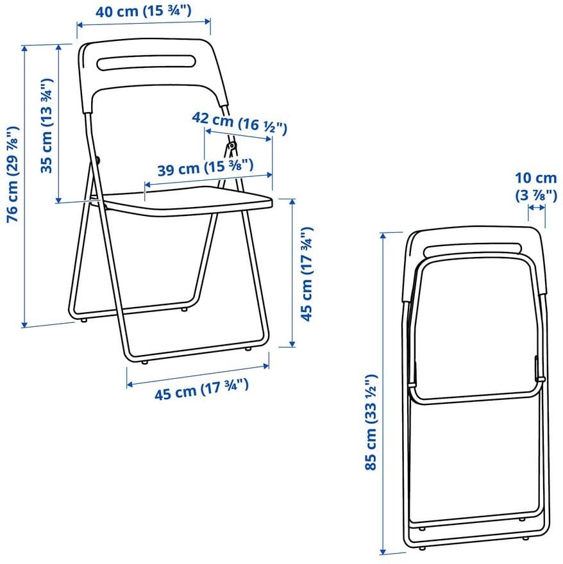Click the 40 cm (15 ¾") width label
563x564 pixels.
(x=144, y=11)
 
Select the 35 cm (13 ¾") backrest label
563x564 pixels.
(x=47, y=126)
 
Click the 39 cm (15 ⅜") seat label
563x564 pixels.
(x=205, y=169)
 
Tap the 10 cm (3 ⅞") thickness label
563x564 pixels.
(x=536, y=187)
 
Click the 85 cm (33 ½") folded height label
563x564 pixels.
(x=371, y=423)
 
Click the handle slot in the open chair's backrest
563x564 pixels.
(x=146, y=62)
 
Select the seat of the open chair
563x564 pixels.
(x=186, y=204)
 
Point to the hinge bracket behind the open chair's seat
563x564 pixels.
(x=229, y=149)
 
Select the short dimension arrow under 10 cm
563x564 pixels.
(x=536, y=208)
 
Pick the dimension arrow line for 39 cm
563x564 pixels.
(x=209, y=179)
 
